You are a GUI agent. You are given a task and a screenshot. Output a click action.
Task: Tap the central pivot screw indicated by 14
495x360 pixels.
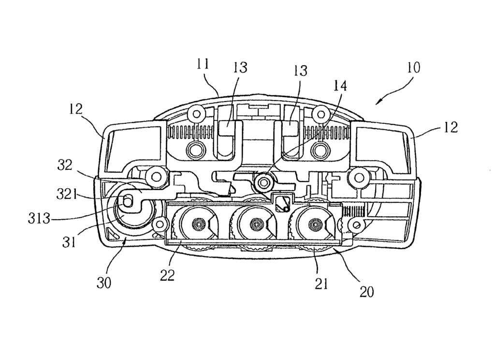click(x=263, y=183)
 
